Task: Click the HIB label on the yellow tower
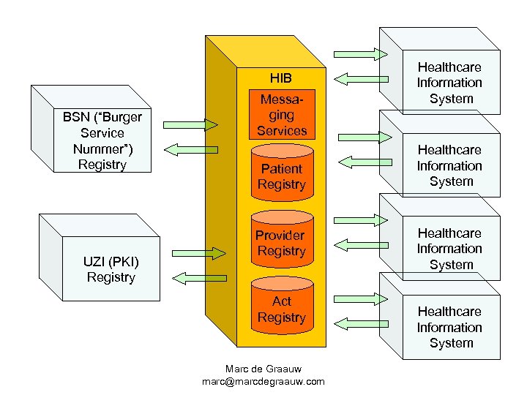click(x=280, y=78)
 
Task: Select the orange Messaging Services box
click(x=281, y=116)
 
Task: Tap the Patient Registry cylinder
click(x=281, y=176)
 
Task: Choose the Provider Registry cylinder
click(x=281, y=243)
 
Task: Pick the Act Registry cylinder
click(x=281, y=309)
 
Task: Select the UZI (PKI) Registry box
click(x=111, y=269)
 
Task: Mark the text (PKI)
click(x=125, y=262)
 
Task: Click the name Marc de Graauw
click(x=263, y=368)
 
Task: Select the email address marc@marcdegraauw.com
click(x=263, y=382)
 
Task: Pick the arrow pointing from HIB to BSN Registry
click(x=187, y=148)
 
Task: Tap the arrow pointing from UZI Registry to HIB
click(x=198, y=253)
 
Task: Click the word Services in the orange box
click(x=282, y=131)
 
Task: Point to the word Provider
click(x=280, y=235)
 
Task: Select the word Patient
click(x=281, y=168)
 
